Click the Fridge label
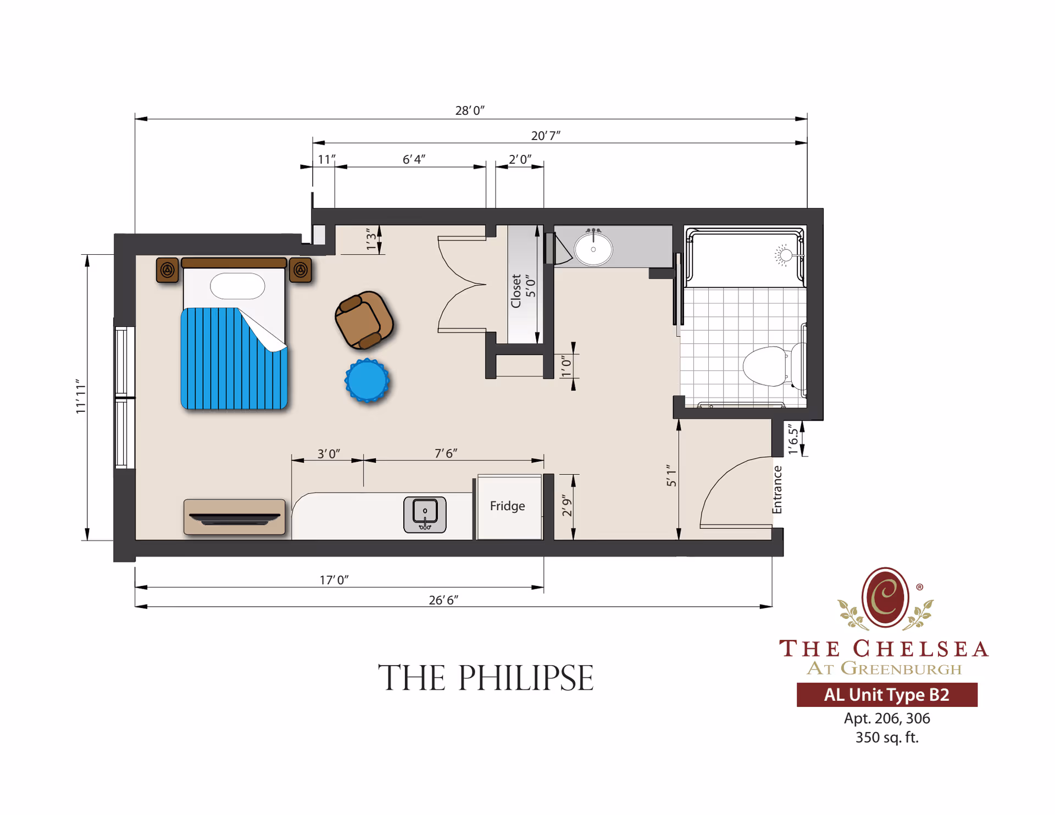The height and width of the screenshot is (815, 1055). (x=507, y=506)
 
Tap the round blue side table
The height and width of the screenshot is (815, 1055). (x=367, y=380)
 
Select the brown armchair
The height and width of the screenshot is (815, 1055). (x=364, y=320)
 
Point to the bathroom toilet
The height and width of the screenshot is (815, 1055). (x=767, y=365)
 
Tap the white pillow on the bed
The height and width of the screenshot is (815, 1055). (x=237, y=286)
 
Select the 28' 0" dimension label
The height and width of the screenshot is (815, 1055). (x=470, y=110)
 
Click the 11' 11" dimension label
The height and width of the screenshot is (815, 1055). (x=81, y=397)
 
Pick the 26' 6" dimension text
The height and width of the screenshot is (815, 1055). (x=443, y=600)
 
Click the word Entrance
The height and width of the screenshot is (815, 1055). (x=777, y=490)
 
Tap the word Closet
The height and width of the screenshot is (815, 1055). (x=516, y=291)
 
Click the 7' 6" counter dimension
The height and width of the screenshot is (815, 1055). (x=446, y=453)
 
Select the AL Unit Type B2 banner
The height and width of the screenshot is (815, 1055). (x=886, y=695)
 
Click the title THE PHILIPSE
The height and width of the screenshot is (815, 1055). (x=486, y=678)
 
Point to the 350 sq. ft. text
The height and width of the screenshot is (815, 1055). (x=886, y=737)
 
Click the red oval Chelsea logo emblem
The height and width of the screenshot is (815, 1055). (x=885, y=597)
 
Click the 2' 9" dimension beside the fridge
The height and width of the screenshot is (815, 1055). (x=567, y=506)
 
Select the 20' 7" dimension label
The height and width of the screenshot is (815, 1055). (x=546, y=135)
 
